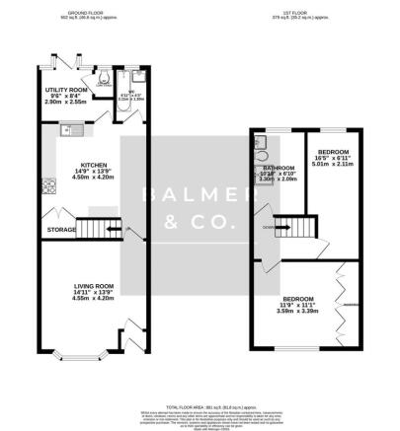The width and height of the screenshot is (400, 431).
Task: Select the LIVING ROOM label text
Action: point(79,286)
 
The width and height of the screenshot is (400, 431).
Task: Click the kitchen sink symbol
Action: point(72,127)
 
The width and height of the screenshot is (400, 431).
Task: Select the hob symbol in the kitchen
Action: point(46,182)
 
